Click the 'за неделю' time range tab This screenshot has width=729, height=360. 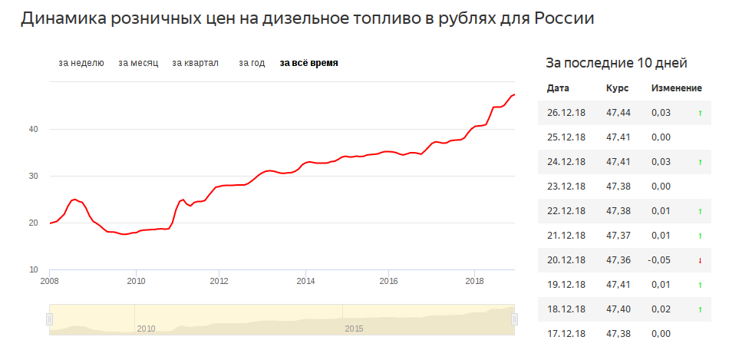[81, 63]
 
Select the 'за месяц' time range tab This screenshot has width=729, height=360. [138, 63]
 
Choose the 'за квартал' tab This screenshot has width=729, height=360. [196, 63]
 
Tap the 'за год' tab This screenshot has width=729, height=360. [252, 63]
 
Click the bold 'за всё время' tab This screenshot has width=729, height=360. [308, 63]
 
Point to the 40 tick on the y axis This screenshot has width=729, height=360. [34, 129]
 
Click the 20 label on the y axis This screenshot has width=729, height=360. [34, 223]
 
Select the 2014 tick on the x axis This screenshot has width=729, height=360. [305, 279]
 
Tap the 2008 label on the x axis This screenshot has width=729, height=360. [50, 279]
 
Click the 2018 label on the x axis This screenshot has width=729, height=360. [475, 279]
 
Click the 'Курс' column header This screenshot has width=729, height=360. [617, 88]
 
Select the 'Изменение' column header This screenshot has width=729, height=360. [677, 88]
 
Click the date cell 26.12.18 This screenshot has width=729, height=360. [566, 113]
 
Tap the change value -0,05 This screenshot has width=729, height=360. [658, 260]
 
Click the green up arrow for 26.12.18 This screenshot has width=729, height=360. [700, 114]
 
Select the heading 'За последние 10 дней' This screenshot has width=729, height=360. [615, 63]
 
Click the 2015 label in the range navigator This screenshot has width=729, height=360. [354, 329]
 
